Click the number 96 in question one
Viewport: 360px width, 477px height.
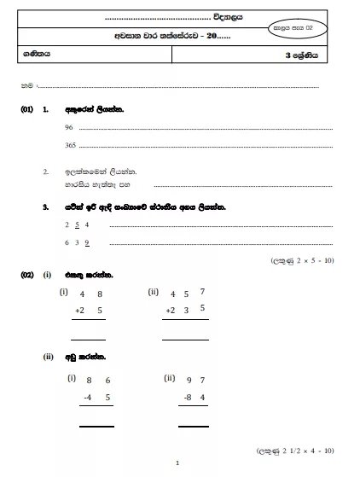69,128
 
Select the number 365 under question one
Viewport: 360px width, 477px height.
71,146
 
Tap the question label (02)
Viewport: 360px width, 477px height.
27,275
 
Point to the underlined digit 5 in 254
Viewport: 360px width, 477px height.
78,224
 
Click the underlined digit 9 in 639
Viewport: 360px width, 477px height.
87,242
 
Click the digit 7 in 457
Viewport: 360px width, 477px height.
202,293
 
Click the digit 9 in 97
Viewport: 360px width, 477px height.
189,379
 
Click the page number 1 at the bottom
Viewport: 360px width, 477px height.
177,463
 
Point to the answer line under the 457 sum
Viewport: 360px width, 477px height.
185,340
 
